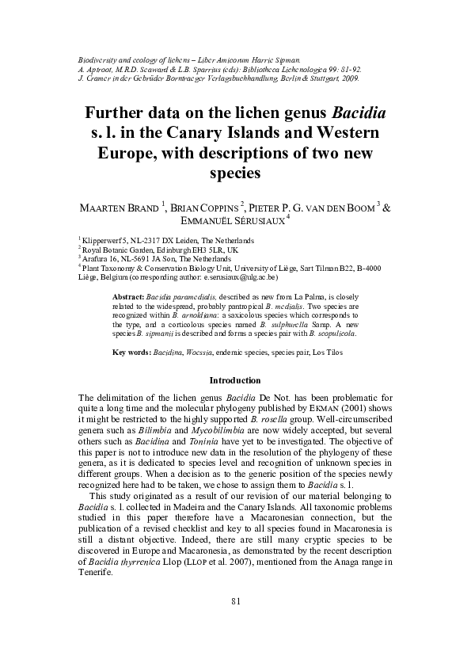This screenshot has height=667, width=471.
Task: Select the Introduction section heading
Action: (235, 380)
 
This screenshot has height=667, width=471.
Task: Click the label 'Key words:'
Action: (131, 352)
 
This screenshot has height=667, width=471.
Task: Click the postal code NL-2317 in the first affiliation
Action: (142, 239)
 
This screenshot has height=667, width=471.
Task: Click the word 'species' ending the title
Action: (235, 170)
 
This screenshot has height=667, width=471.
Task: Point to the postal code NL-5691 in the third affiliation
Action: (135, 258)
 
